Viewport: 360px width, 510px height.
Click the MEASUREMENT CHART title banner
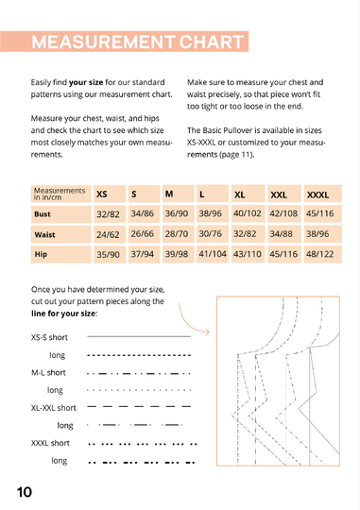(x=125, y=42)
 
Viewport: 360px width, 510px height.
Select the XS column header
(x=110, y=194)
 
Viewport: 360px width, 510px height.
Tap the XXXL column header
(x=322, y=194)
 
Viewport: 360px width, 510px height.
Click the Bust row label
(x=60, y=214)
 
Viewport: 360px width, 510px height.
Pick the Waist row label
(x=60, y=234)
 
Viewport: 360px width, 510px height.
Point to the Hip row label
(x=60, y=254)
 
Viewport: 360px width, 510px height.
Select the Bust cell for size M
(x=178, y=214)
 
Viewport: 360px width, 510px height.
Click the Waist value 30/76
(x=213, y=234)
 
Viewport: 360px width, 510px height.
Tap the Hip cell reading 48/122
(x=322, y=254)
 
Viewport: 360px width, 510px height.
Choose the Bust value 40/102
(x=248, y=214)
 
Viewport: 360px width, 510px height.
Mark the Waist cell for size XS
(x=110, y=234)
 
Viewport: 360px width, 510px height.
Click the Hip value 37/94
(x=144, y=254)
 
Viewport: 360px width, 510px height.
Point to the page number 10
(x=25, y=492)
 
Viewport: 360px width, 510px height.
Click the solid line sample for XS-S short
(x=139, y=336)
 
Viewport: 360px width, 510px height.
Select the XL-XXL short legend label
(x=53, y=408)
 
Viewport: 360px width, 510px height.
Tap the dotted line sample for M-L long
(x=139, y=390)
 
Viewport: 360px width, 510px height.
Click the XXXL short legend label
(x=50, y=443)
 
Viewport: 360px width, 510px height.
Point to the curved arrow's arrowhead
(x=207, y=331)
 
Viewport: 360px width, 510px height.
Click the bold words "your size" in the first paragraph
(x=86, y=82)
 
